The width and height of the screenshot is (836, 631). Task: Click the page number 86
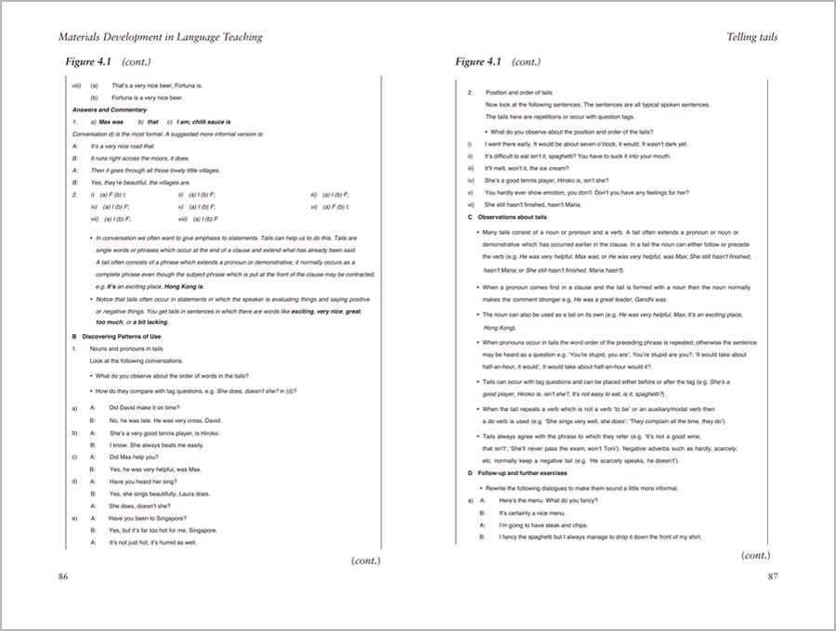coord(63,576)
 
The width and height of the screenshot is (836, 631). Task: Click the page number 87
coord(772,576)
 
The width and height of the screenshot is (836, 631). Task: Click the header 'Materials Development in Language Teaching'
coord(160,37)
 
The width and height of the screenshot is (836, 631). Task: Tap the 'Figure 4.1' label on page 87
coord(478,62)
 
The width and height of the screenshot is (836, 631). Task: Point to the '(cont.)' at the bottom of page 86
coord(366,560)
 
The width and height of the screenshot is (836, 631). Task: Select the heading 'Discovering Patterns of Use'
coord(125,335)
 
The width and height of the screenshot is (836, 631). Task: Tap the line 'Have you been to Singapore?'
coord(147,518)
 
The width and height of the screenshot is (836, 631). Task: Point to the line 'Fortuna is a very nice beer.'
coord(148,97)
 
